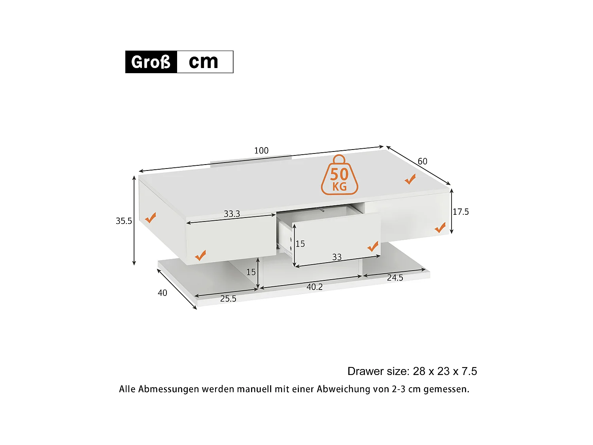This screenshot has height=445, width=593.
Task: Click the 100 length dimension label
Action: coord(261,151)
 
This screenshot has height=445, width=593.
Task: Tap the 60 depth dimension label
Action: coord(422,161)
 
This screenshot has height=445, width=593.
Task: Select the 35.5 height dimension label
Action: coord(124,221)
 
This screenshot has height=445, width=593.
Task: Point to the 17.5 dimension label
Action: coord(461,212)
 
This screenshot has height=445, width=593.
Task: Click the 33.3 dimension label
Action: coord(232,214)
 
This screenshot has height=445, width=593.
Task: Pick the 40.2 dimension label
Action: coord(315,287)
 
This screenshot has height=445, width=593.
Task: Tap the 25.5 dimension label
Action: coord(228,299)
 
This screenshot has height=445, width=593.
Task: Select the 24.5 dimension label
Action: coord(395,278)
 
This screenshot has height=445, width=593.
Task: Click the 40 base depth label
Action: coord(162,293)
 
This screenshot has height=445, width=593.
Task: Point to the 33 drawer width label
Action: coord(337,257)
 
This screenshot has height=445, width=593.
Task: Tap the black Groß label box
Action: coord(151,62)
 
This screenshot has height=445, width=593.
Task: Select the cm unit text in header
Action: coord(204,62)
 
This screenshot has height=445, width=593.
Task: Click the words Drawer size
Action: coord(378,371)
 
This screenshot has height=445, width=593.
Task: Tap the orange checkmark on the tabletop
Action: coord(410,179)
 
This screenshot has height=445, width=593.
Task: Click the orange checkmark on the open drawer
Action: coord(373,247)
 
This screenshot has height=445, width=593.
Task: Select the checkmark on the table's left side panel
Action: coord(150,218)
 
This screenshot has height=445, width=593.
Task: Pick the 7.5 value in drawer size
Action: coord(469,371)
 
